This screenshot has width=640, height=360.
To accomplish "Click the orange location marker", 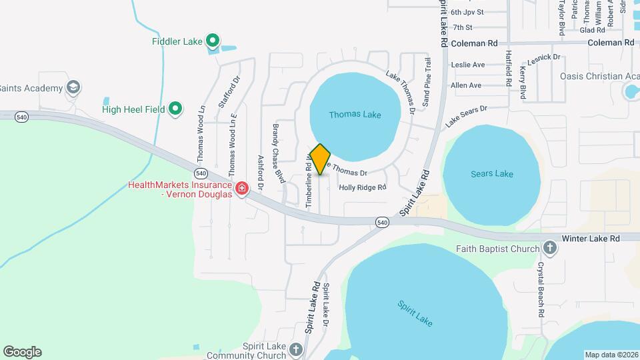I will click(320, 159).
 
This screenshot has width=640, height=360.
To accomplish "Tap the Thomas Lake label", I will click(355, 115).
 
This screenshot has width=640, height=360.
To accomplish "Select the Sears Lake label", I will click(492, 174).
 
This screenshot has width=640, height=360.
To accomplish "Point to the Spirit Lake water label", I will click(415, 313).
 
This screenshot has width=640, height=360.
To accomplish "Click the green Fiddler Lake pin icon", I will click(213, 41).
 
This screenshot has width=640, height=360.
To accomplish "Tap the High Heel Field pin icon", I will click(175, 107).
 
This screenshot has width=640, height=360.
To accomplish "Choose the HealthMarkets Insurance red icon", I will click(241, 189).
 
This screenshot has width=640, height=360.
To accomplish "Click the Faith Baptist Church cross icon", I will click(550, 249).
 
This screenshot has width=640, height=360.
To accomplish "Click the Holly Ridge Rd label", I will click(363, 188).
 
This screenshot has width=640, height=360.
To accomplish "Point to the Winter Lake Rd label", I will click(591, 238).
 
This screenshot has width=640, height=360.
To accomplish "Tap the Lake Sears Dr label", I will click(467, 116).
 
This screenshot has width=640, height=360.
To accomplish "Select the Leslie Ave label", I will click(467, 65).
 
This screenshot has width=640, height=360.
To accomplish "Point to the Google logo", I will click(22, 352).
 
